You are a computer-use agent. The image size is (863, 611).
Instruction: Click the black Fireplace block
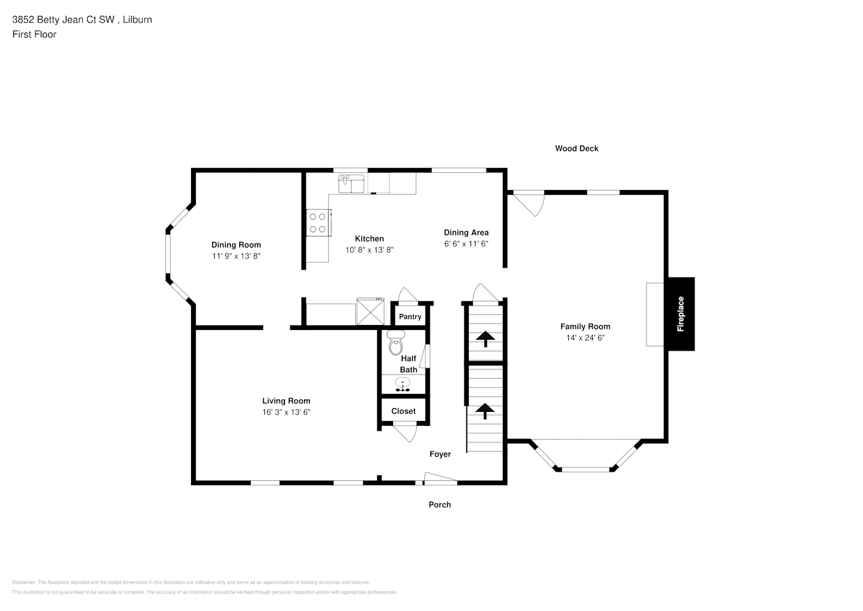pyautogui.click(x=680, y=314)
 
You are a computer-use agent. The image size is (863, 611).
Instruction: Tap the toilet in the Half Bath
pyautogui.click(x=395, y=343)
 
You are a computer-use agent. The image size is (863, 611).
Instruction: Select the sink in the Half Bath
pyautogui.click(x=402, y=384)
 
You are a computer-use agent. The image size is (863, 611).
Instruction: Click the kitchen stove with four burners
pyautogui.click(x=317, y=222)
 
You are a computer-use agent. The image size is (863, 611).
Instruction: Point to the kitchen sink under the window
pyautogui.click(x=351, y=183)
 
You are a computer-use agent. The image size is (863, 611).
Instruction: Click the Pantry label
pyautogui.click(x=410, y=316)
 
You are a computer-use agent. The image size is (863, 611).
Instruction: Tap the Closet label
pyautogui.click(x=403, y=411)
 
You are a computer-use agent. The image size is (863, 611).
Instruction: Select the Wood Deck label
pyautogui.click(x=576, y=148)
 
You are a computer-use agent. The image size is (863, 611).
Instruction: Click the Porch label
pyautogui.click(x=439, y=505)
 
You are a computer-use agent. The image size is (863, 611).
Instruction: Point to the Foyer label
pyautogui.click(x=440, y=454)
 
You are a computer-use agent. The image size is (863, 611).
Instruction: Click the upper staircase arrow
pyautogui.click(x=485, y=338)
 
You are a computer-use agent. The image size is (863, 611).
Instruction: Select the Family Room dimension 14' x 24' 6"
pyautogui.click(x=585, y=338)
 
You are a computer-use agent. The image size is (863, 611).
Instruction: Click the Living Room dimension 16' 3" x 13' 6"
pyautogui.click(x=286, y=412)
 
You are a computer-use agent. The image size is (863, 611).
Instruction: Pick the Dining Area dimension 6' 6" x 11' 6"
pyautogui.click(x=466, y=244)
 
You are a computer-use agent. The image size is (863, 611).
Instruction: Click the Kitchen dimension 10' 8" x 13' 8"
pyautogui.click(x=369, y=250)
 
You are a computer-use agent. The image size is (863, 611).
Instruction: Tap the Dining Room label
pyautogui.click(x=236, y=245)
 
